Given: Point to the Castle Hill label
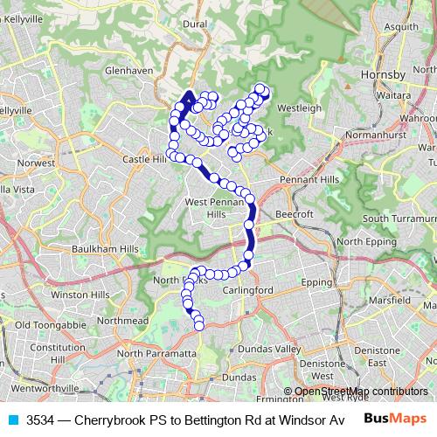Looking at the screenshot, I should pos(143,160).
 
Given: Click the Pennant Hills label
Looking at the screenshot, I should pos(303,179).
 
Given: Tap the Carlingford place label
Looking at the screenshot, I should pos(249,290).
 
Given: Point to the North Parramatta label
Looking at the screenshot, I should pos(156,353).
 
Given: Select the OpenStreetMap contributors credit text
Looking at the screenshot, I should pos(361,392).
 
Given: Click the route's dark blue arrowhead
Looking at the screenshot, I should pos(190,97).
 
